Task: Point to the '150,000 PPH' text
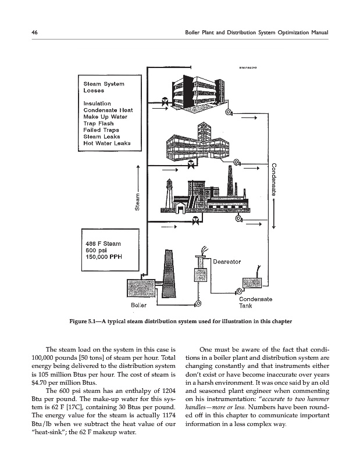(103, 256)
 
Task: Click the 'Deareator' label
(228, 262)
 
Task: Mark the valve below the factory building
(195, 220)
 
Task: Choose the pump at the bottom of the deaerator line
(198, 302)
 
